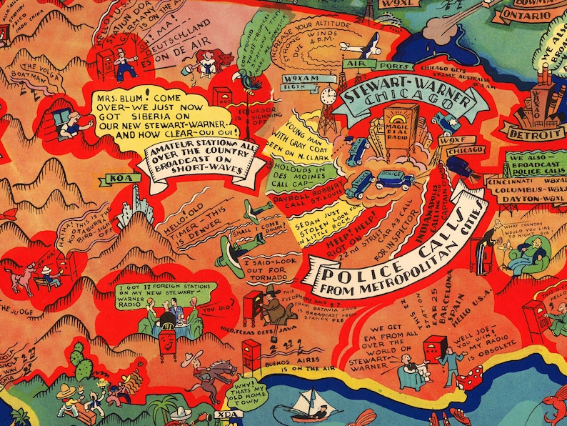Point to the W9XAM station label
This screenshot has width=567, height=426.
[299, 78]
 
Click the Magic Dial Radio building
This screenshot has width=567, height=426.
[402, 129]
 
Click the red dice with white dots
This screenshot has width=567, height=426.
[468, 380]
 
